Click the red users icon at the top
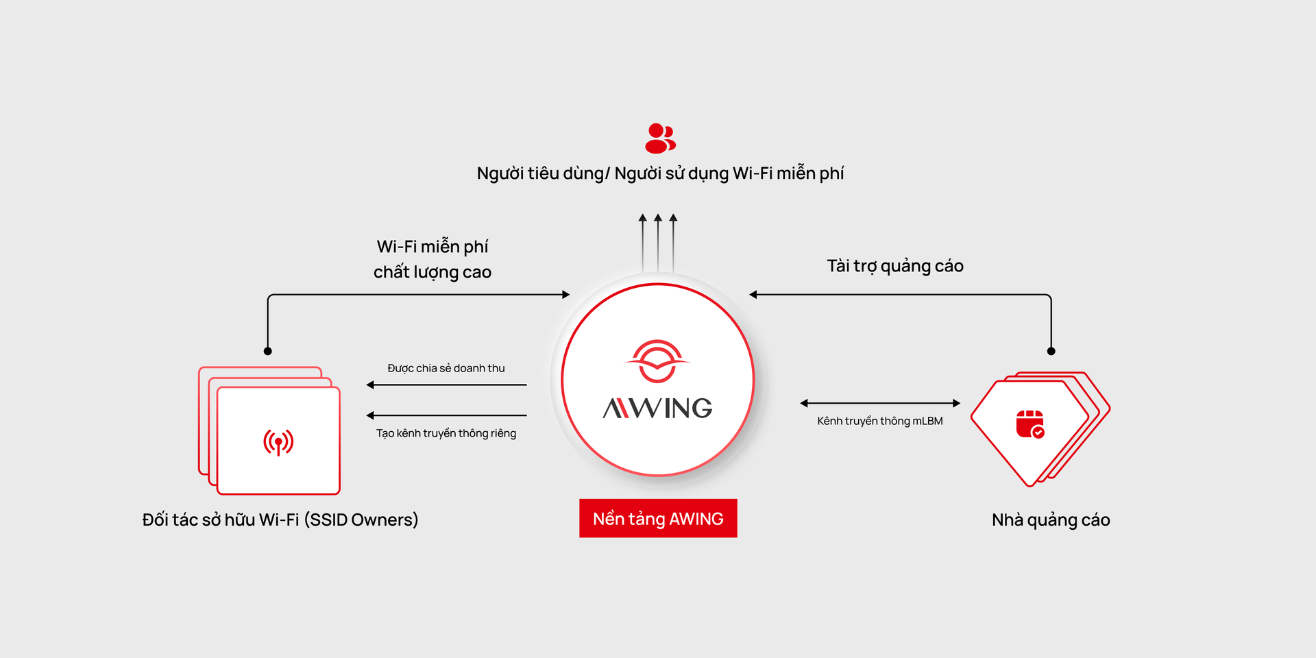660,138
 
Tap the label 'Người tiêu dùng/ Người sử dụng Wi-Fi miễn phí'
660,173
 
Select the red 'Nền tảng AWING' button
658,519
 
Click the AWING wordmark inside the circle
657,409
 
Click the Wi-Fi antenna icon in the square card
278,442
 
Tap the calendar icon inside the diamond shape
1029,424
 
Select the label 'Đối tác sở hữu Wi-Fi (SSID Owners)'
280,520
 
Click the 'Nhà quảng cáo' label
1051,520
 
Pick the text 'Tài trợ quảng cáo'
894,266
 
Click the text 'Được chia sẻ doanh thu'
446,369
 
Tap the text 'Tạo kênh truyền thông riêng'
446,433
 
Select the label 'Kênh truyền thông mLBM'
880,421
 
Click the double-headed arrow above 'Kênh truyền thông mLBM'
880,403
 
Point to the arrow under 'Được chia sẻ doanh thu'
446,385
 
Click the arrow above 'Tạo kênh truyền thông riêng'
446,415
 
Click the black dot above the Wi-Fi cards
268,351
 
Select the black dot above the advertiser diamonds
1051,351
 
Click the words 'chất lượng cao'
432,272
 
